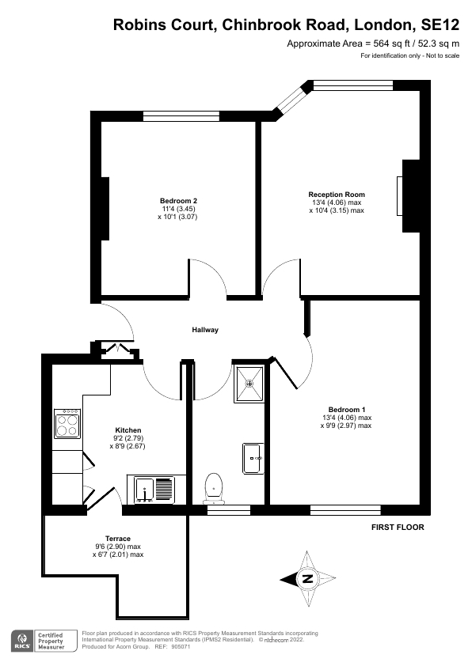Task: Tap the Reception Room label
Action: coord(337,195)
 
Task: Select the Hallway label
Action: coord(204,330)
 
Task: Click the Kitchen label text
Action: coord(128,430)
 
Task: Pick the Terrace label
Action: coord(117,539)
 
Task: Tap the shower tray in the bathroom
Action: coord(250,384)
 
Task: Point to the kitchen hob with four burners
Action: coord(66,423)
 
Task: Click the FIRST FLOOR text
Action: coord(398,527)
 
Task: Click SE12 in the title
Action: coord(439,25)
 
